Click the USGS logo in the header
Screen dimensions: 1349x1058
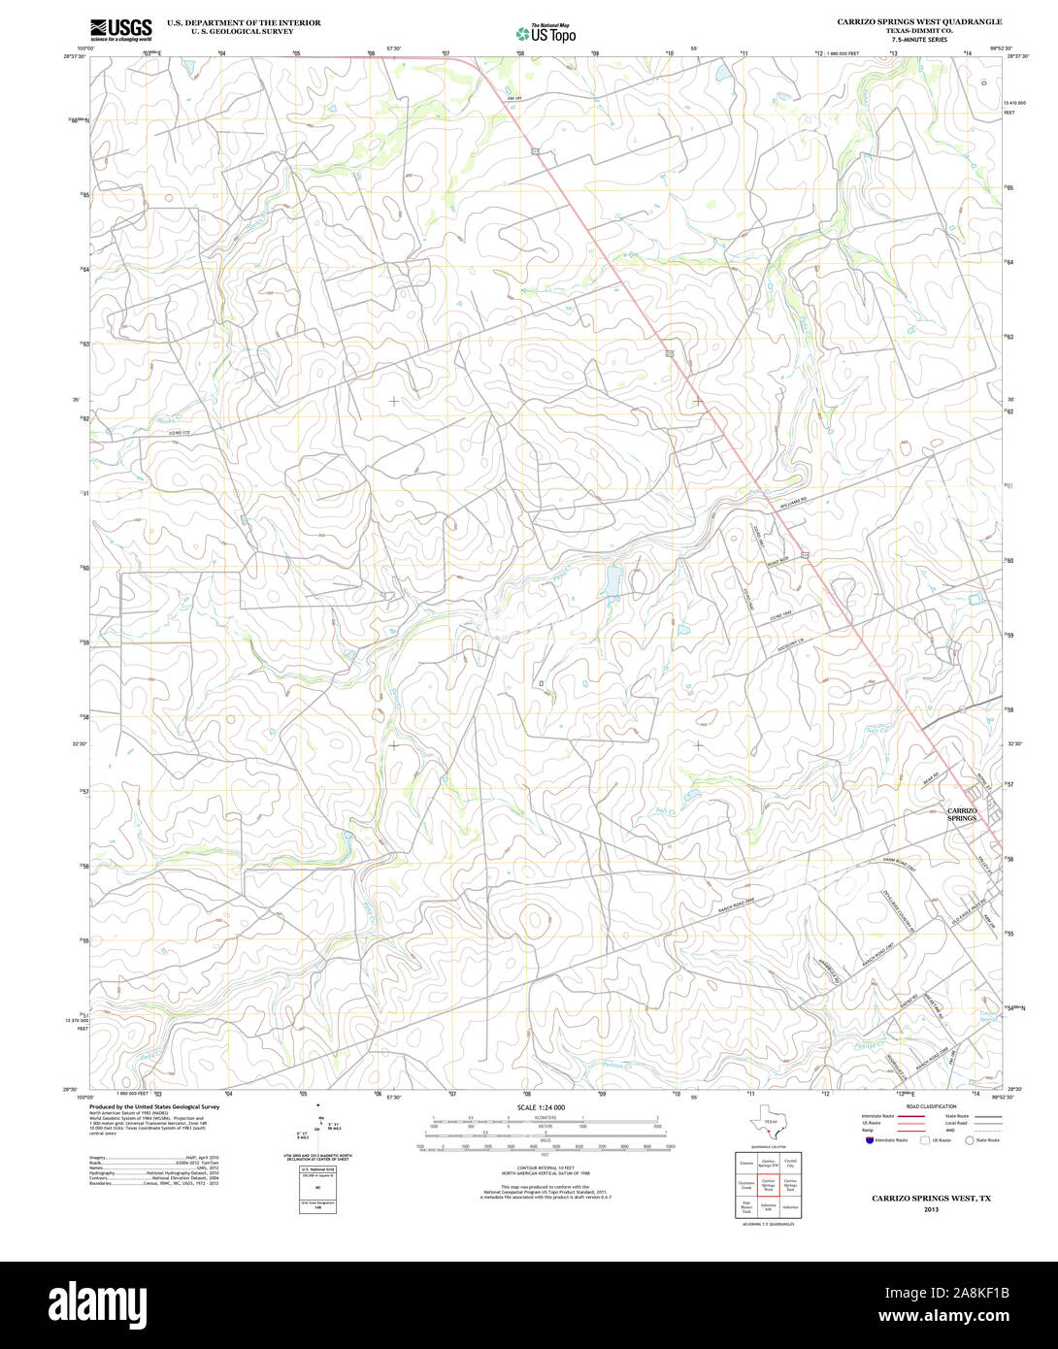(121, 29)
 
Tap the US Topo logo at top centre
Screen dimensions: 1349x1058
(546, 34)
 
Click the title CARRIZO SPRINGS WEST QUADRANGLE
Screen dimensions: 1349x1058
(919, 21)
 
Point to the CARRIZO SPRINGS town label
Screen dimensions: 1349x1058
(962, 814)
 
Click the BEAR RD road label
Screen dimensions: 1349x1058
(932, 779)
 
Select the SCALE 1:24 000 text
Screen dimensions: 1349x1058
(541, 1107)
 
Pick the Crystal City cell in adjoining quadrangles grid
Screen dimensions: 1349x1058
(790, 1163)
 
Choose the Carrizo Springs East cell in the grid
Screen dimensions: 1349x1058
(790, 1185)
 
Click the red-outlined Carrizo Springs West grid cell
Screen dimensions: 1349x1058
(768, 1185)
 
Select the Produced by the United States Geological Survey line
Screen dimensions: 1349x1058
(154, 1106)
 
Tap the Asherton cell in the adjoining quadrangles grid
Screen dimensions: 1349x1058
(790, 1208)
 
